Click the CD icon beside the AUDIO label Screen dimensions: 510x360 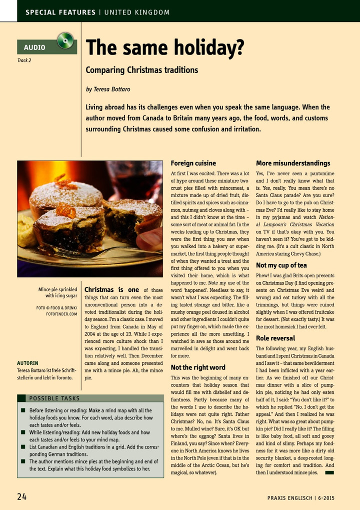[65, 41]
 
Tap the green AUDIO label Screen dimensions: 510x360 [35, 48]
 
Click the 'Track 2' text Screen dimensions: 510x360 [24, 61]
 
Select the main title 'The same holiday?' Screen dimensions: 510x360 [165, 48]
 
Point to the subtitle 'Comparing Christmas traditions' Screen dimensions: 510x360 [141, 70]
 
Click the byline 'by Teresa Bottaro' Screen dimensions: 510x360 [108, 89]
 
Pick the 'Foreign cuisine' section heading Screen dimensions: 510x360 [193, 163]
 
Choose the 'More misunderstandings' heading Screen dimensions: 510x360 [293, 163]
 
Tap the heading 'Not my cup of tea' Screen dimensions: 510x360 [281, 265]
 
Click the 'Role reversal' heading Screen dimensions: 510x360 [275, 338]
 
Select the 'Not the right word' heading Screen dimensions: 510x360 [198, 367]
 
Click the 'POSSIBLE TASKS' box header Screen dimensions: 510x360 [54, 398]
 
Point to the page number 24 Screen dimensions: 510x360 [22, 496]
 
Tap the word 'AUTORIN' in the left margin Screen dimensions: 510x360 [28, 363]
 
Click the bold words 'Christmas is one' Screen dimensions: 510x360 [112, 290]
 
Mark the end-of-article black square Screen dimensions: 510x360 [329, 472]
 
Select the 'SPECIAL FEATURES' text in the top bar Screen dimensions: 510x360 [60, 12]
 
